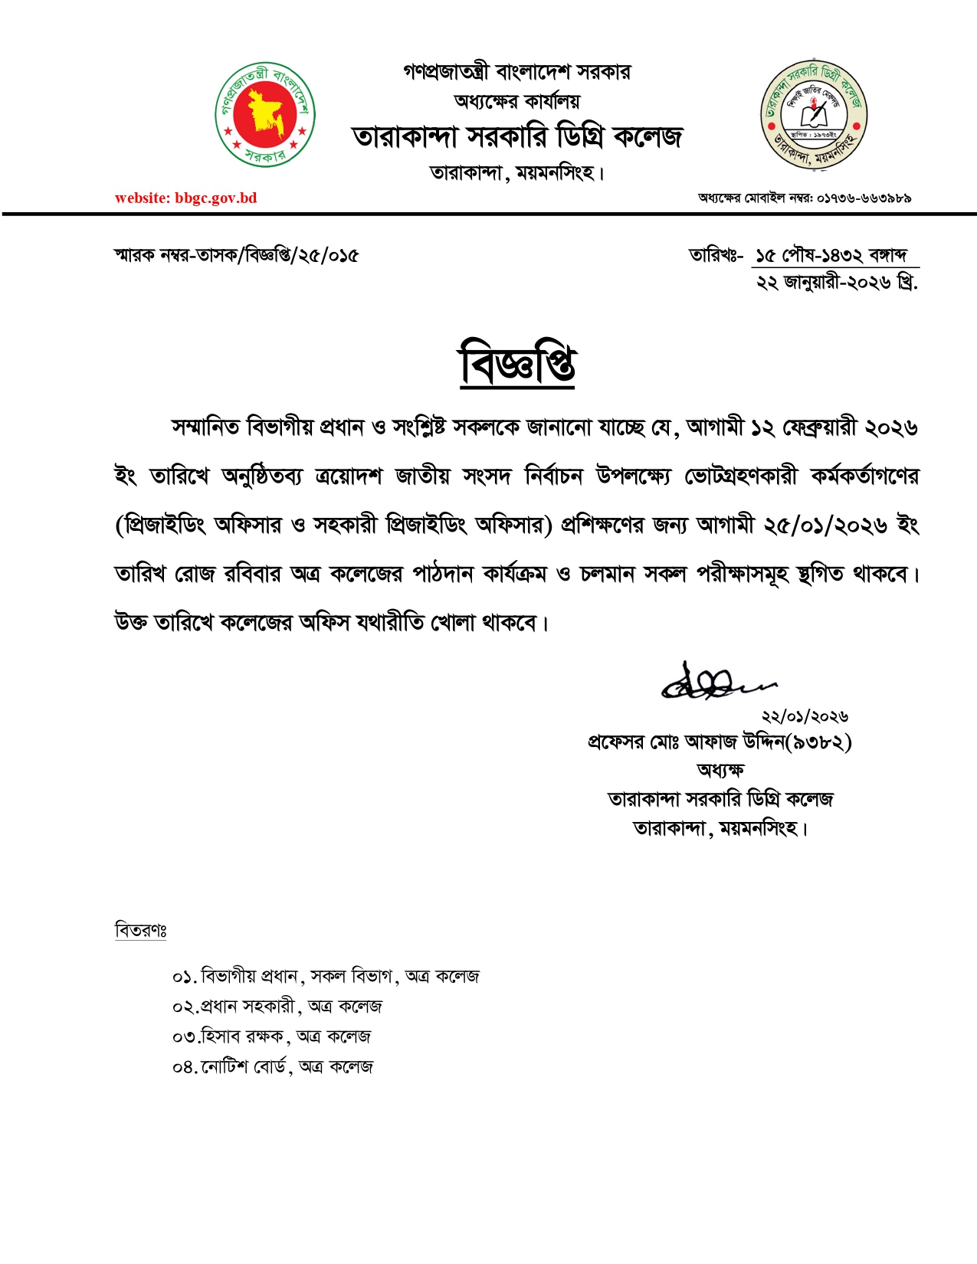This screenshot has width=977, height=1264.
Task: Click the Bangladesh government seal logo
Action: click(x=265, y=114)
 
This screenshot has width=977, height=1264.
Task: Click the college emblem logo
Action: click(x=813, y=115)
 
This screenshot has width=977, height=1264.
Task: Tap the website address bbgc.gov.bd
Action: click(x=186, y=198)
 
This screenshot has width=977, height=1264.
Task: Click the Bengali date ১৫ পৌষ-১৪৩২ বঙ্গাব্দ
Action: click(x=831, y=255)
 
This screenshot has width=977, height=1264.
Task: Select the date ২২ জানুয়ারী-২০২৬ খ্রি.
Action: click(x=837, y=283)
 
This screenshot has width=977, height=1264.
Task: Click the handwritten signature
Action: click(x=716, y=681)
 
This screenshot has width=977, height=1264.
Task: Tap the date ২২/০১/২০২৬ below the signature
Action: click(x=805, y=716)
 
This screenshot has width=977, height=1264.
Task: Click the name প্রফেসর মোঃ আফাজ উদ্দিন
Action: click(x=687, y=742)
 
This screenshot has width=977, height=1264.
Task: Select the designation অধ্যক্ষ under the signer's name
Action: click(x=720, y=770)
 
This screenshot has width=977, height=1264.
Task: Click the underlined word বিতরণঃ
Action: click(x=141, y=930)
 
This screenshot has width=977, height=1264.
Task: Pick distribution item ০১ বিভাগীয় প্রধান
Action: click(x=326, y=977)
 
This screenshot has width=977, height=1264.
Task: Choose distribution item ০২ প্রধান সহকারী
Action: click(x=277, y=1007)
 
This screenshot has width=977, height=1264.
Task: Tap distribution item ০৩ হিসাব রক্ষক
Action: click(x=271, y=1036)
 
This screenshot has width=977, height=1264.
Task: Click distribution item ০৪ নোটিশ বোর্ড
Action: click(x=273, y=1066)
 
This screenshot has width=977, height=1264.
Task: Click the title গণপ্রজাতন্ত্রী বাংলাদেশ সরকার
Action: click(x=517, y=72)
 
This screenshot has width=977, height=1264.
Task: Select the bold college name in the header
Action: click(x=517, y=137)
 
